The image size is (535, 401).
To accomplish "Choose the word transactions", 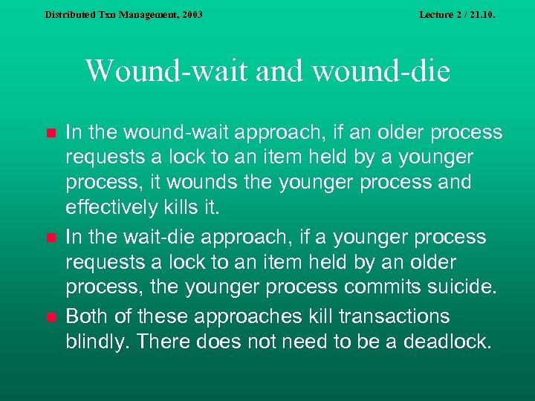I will tap(394, 316).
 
